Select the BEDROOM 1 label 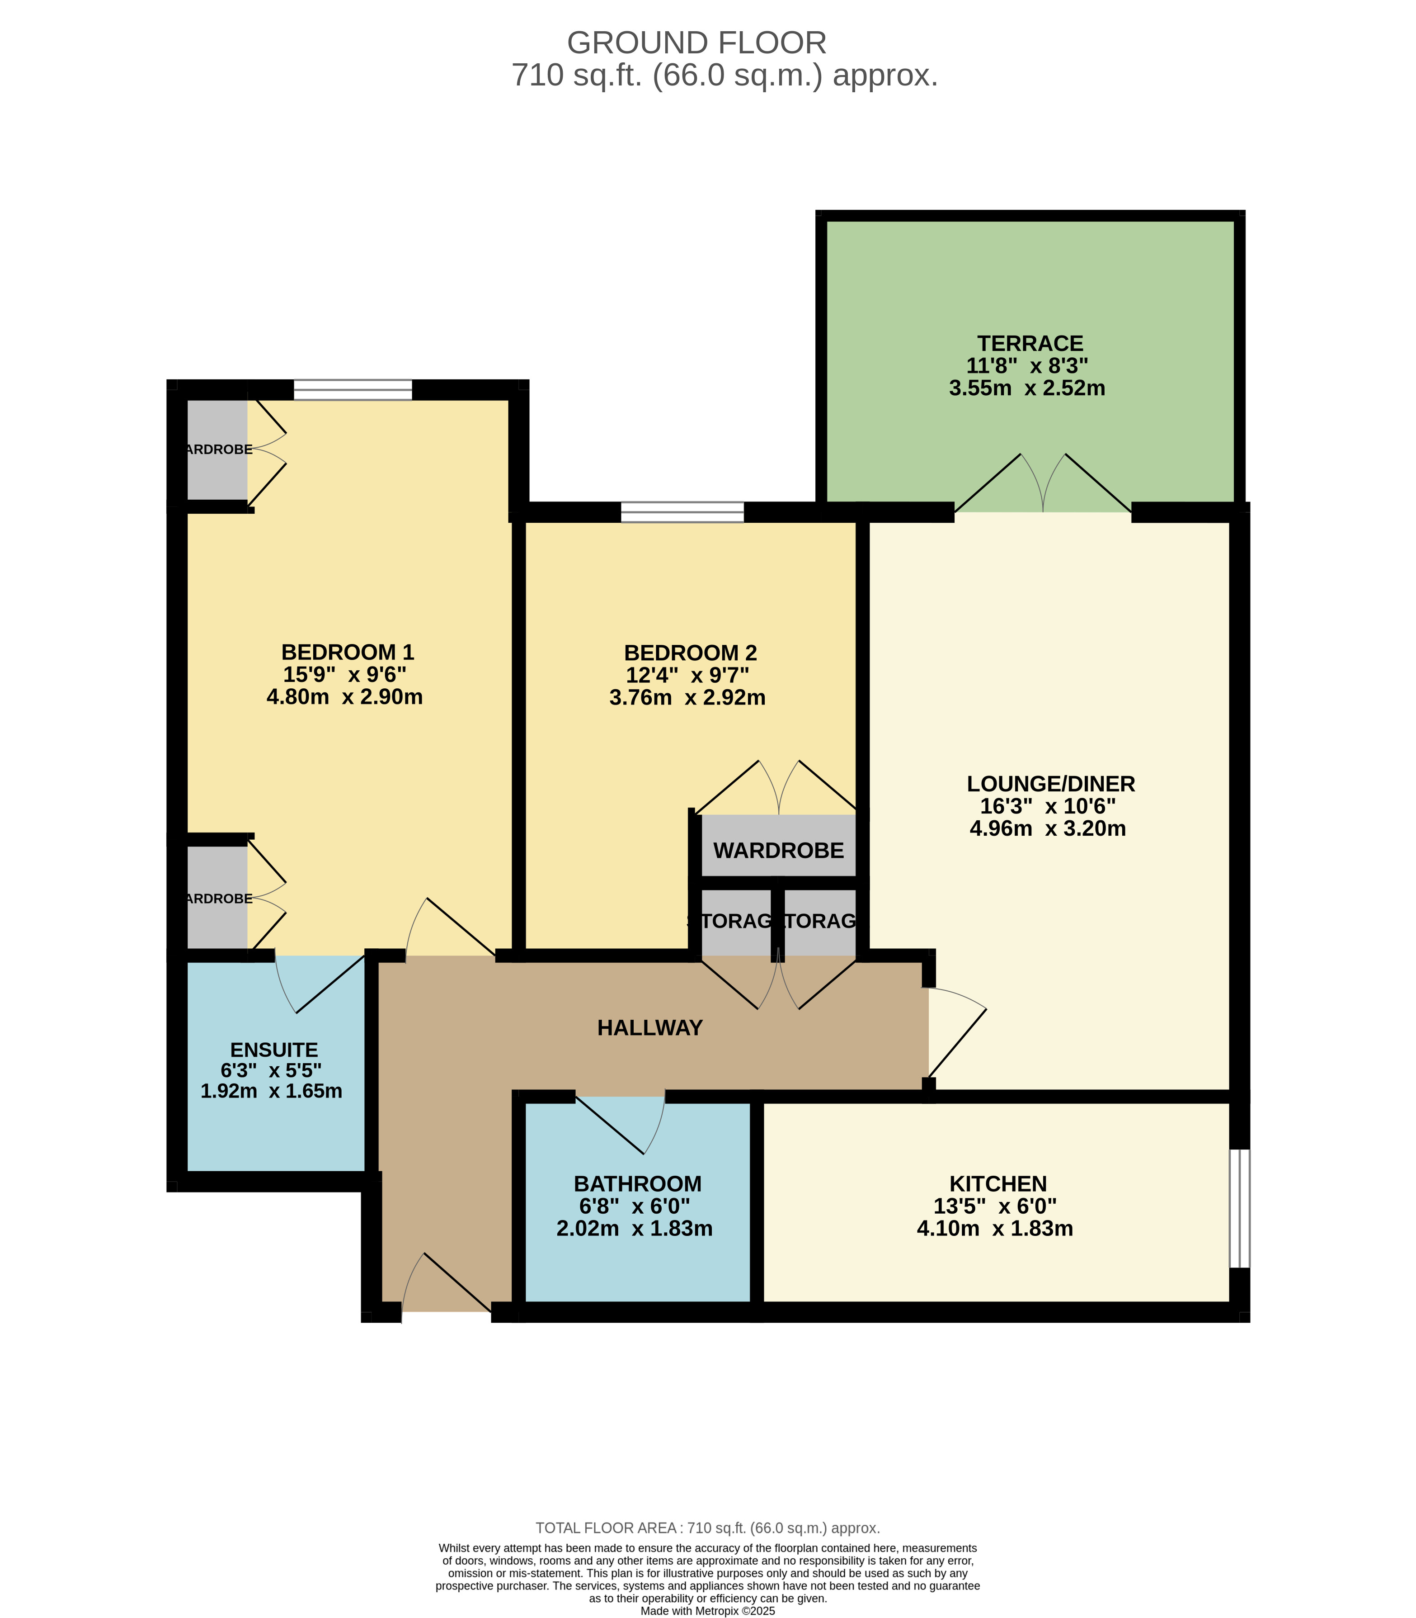pyautogui.click(x=348, y=652)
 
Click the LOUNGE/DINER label pyautogui.click(x=1050, y=784)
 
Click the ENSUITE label pyautogui.click(x=274, y=1050)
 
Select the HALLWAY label pyautogui.click(x=649, y=1027)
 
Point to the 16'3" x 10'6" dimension pyautogui.click(x=1048, y=806)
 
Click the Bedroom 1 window pyautogui.click(x=353, y=390)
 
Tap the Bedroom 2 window pyautogui.click(x=682, y=512)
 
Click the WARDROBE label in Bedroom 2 pyautogui.click(x=778, y=851)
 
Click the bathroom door pyautogui.click(x=620, y=1122)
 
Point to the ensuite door pyautogui.click(x=320, y=984)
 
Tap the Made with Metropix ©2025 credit pyautogui.click(x=707, y=1611)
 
